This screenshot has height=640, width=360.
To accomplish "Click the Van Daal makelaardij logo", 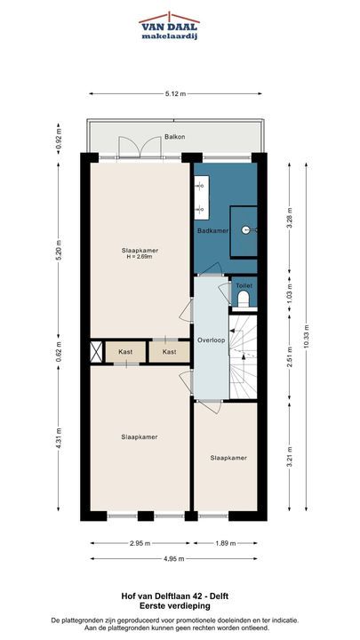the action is point(168,27).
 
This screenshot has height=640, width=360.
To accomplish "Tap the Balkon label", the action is point(175,137).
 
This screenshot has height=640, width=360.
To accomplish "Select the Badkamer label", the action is point(212,230).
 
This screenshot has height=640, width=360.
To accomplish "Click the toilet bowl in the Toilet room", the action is point(244,300).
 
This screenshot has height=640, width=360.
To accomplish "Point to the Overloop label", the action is point(211,340).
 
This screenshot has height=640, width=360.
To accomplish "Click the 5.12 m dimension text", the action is point(175,94).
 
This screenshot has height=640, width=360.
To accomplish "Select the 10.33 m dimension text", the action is point(306,336).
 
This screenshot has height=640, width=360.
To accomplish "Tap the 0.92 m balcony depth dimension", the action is point(58,139).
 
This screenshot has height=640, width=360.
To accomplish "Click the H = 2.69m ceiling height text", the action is point(140,257).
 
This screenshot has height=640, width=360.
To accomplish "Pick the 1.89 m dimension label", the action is point(225,543).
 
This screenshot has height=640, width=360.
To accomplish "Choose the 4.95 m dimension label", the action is point(174,558).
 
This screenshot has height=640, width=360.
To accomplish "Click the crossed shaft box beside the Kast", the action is point(96,352).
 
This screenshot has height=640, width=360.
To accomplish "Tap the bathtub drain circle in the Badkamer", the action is point(245,230).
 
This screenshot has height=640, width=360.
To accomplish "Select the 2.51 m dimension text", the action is point(290,356).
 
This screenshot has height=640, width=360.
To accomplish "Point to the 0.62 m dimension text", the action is point(58,352).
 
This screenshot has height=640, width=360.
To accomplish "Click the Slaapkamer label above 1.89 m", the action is point(228,458).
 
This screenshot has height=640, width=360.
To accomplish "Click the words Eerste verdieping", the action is point(175,606).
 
